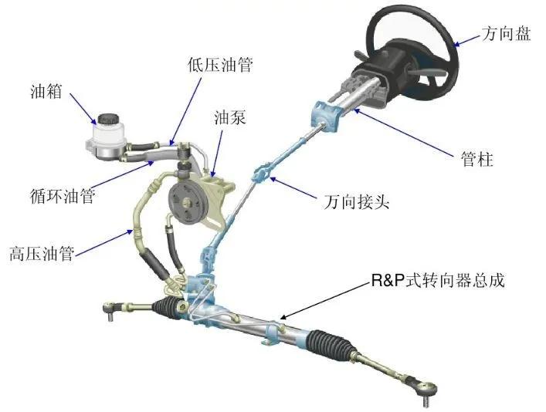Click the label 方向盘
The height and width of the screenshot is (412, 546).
[x=507, y=34]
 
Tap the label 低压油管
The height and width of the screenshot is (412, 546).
[x=220, y=65]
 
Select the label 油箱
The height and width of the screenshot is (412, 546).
[x=46, y=91]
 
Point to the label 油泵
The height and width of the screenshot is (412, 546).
[x=230, y=117]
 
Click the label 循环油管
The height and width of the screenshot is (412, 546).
[x=63, y=195]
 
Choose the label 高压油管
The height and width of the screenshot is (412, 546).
[x=42, y=253]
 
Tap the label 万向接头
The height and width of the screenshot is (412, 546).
[x=356, y=201]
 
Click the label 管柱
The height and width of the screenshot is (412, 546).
[x=477, y=159]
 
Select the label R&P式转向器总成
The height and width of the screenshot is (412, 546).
[x=438, y=280]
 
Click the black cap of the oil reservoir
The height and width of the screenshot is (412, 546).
[x=109, y=120]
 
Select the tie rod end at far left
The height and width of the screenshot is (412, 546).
[x=111, y=309]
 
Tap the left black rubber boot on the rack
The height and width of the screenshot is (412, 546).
[x=167, y=306]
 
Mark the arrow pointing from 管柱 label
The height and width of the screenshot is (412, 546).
[x=405, y=132]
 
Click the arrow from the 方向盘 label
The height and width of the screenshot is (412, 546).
[x=467, y=40]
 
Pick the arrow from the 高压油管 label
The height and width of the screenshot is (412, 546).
[x=104, y=242]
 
